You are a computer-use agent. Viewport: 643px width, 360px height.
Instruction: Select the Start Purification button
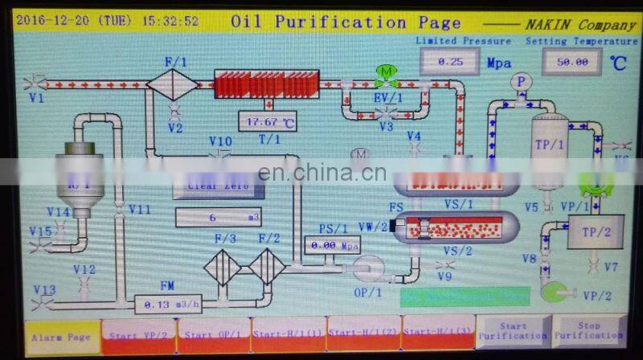pyautogui.click(x=512, y=330)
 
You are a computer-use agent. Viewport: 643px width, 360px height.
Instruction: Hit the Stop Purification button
pyautogui.click(x=589, y=330)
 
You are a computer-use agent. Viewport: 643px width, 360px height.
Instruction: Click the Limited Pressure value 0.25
pyautogui.click(x=449, y=61)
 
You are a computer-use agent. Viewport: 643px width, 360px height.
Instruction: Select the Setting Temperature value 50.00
pyautogui.click(x=571, y=61)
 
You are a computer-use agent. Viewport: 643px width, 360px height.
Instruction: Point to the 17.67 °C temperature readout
pyautogui.click(x=267, y=123)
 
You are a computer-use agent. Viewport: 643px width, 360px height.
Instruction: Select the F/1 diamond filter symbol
pyautogui.click(x=172, y=84)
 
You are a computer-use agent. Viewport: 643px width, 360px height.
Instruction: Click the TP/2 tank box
pyautogui.click(x=596, y=231)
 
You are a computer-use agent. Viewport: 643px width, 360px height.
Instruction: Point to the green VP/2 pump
pyautogui.click(x=558, y=292)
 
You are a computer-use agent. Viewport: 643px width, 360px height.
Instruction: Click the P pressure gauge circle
pyautogui.click(x=522, y=81)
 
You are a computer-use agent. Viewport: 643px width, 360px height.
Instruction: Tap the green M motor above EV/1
pyautogui.click(x=387, y=72)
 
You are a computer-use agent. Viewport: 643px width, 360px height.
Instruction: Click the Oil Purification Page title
pyautogui.click(x=346, y=22)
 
